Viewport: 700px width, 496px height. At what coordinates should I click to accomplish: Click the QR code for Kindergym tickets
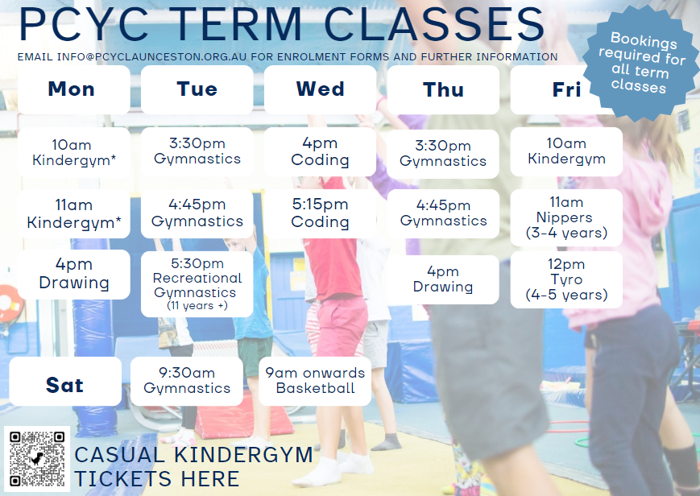[37, 458]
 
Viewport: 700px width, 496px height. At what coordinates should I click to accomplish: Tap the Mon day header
[74, 89]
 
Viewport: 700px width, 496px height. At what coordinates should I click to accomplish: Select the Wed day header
[320, 89]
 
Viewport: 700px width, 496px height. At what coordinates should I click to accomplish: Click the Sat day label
[65, 382]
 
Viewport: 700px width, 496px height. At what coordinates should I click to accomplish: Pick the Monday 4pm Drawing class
[74, 274]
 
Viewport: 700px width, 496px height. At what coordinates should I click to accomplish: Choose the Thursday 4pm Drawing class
[443, 279]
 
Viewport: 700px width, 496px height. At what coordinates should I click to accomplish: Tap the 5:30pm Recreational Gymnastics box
[197, 284]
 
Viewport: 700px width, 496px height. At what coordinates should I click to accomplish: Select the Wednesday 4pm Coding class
[320, 152]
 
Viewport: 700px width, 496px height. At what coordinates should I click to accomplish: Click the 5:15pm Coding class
[320, 213]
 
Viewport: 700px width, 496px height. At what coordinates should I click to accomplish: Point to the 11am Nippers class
[566, 218]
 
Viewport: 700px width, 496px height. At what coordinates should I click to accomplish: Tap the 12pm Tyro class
[566, 279]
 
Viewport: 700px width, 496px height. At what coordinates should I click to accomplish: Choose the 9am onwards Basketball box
[315, 382]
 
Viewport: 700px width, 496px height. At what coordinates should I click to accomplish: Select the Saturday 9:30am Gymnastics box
[187, 382]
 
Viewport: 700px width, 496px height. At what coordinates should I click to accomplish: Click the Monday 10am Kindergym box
[74, 153]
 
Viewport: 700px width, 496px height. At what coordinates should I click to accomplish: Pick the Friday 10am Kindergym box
[566, 152]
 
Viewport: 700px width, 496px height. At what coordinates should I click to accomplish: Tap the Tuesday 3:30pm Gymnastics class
[197, 152]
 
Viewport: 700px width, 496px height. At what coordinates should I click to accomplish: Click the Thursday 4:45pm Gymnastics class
[443, 213]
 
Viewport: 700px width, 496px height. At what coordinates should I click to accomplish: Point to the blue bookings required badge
[641, 63]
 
